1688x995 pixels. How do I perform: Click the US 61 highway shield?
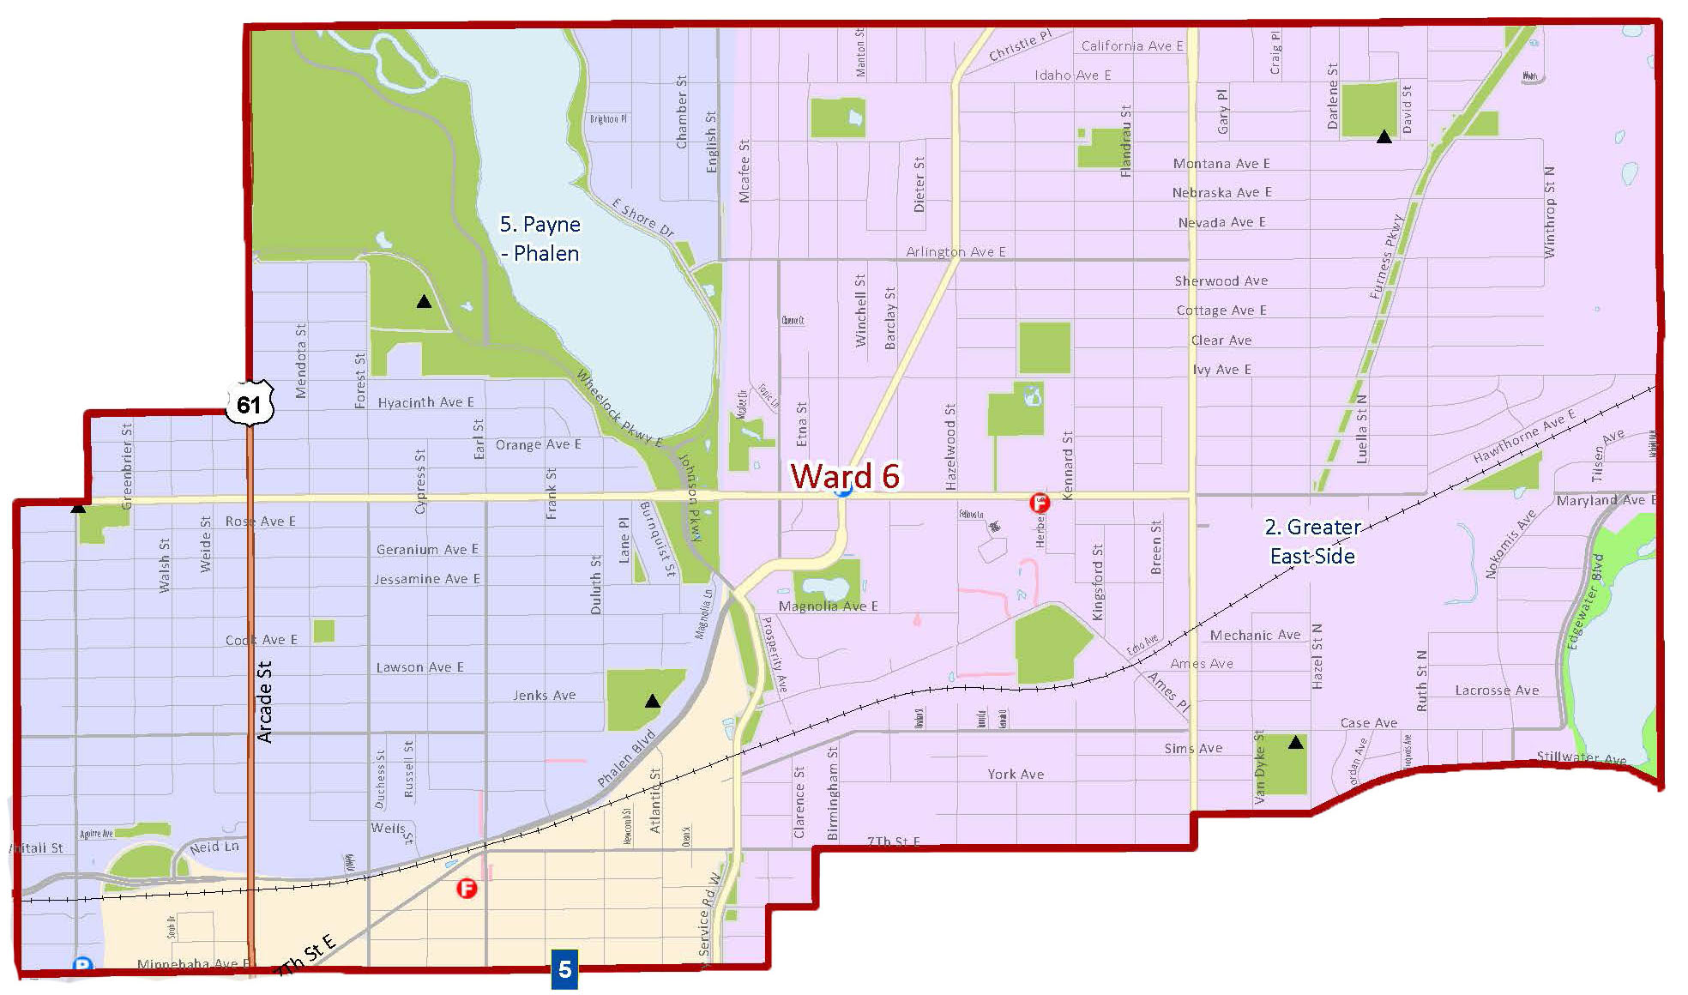click(250, 402)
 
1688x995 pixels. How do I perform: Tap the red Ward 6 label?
click(844, 476)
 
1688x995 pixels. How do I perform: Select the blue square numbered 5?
click(564, 969)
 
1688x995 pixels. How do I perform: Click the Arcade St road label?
click(265, 701)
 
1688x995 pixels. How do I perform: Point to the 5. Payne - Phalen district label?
click(540, 238)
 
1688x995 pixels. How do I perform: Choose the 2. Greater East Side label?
click(1312, 541)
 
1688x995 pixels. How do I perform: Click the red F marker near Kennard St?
click(1040, 503)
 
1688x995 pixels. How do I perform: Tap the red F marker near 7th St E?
click(467, 889)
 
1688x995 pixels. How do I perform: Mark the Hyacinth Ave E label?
click(425, 402)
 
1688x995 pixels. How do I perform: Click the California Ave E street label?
click(1131, 46)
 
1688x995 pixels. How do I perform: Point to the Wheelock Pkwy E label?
click(618, 408)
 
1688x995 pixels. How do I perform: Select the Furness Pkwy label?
click(1386, 256)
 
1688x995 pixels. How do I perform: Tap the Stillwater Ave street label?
click(1581, 757)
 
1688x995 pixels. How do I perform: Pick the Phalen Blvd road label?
click(626, 758)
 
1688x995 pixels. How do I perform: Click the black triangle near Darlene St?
click(1384, 136)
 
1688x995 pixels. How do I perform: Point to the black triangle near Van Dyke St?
click(1295, 742)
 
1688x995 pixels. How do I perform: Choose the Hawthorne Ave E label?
click(1523, 437)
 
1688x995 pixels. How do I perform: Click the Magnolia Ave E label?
click(828, 606)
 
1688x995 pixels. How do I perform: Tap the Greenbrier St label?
click(127, 466)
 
